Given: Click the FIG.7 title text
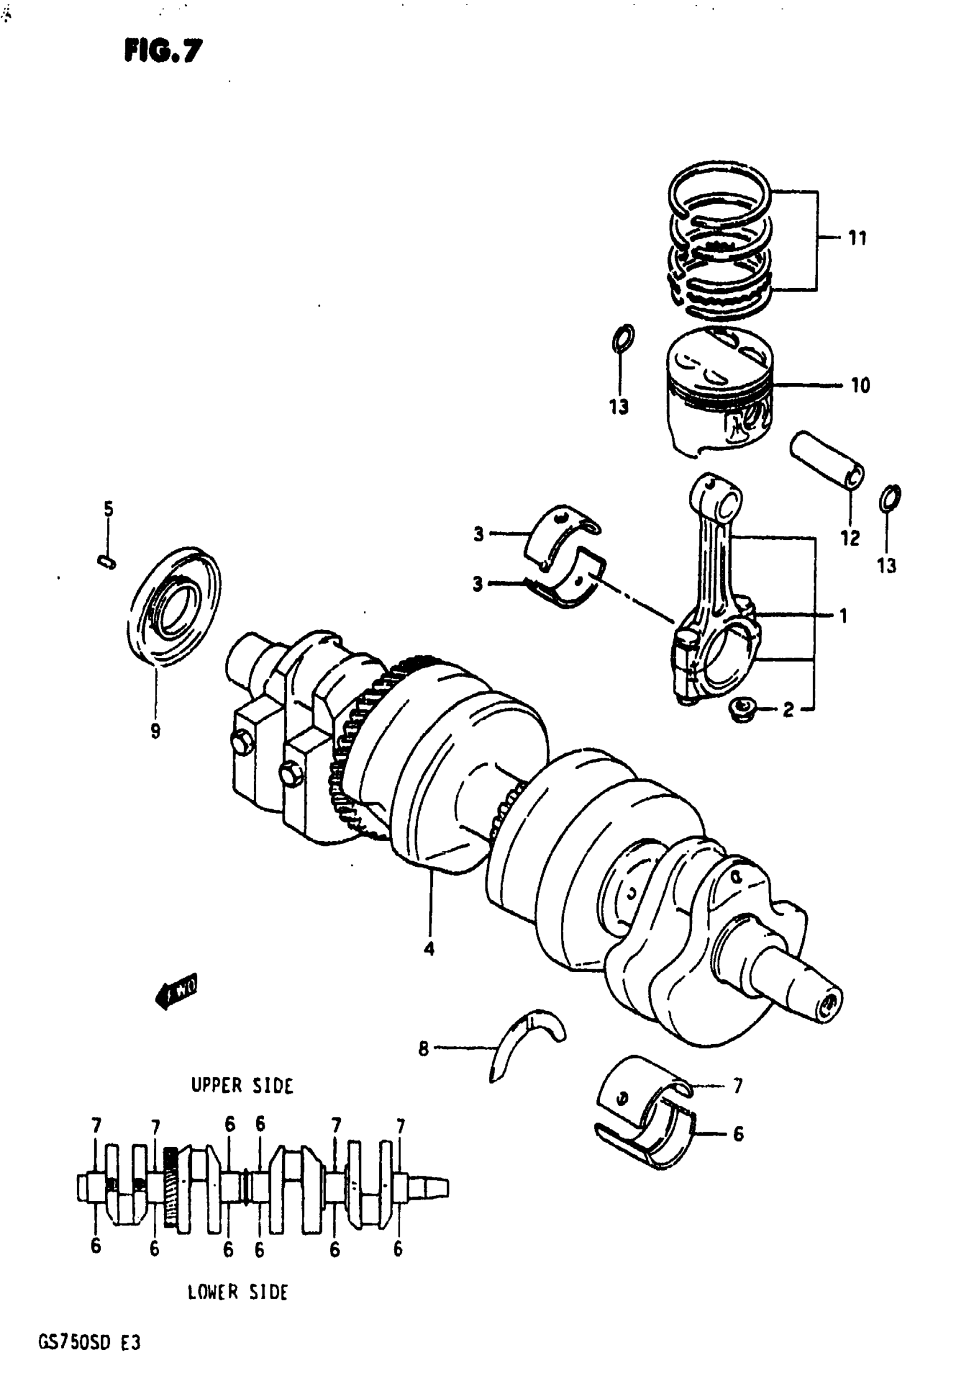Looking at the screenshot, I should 163,51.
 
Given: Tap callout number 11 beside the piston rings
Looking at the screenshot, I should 857,238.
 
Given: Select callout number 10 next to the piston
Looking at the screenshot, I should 860,385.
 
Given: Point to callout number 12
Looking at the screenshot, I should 850,538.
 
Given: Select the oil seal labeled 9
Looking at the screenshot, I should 174,606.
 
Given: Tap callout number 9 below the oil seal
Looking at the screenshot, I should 155,731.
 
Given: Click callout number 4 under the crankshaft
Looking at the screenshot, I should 428,949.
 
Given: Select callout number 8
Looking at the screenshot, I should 424,1049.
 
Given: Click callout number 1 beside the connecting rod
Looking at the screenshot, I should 843,615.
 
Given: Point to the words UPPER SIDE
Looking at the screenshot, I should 242,1085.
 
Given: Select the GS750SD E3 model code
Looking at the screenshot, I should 89,1342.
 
